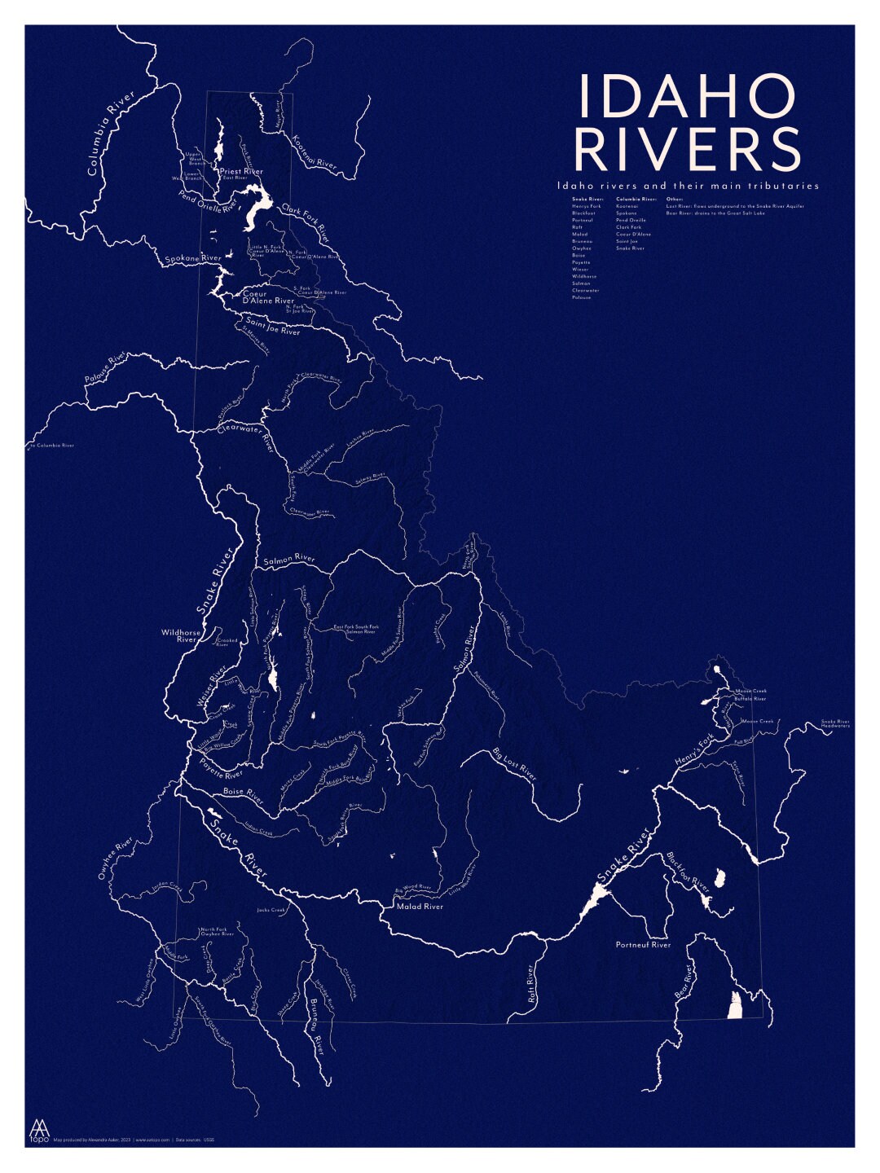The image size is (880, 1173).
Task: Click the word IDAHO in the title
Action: click(x=686, y=96)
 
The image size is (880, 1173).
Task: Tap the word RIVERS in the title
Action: click(x=688, y=149)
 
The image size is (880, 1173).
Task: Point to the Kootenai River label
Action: click(x=314, y=152)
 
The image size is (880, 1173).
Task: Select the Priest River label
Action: click(x=241, y=172)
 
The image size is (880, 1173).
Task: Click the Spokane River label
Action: click(x=193, y=259)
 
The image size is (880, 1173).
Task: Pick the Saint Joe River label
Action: click(x=272, y=327)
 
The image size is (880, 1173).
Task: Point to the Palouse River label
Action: click(x=106, y=369)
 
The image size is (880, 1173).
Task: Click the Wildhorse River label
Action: click(x=181, y=635)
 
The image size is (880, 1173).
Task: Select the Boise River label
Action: click(x=244, y=795)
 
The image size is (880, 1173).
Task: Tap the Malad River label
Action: click(x=420, y=906)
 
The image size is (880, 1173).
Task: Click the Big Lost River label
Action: click(x=515, y=763)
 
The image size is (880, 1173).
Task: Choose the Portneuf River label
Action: click(x=643, y=945)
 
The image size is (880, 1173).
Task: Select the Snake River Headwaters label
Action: click(x=835, y=723)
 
